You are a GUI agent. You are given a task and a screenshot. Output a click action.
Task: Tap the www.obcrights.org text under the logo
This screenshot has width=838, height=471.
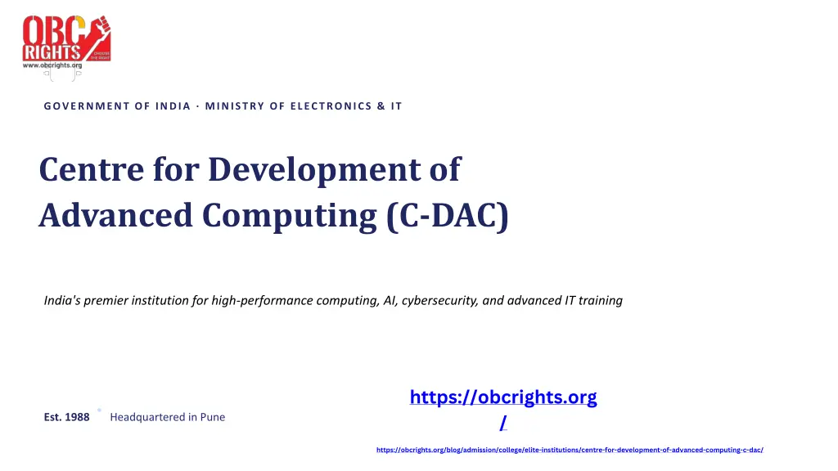tap(52, 65)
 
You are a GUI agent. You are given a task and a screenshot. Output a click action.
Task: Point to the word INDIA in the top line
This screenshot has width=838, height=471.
tap(173, 106)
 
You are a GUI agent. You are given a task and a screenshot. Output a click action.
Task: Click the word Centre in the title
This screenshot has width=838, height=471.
tap(92, 169)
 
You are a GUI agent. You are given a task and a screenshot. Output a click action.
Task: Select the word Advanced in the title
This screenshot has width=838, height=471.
tap(115, 215)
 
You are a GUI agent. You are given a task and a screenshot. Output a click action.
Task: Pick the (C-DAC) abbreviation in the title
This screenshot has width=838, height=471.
tap(448, 216)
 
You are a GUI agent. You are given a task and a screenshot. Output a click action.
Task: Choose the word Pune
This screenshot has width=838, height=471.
tap(213, 417)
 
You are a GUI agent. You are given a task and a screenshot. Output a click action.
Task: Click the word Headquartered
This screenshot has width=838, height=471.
tap(147, 417)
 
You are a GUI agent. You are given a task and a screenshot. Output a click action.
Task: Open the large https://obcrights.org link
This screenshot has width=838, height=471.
tap(503, 398)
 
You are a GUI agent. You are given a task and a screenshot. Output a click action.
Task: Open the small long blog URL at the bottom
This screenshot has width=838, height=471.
tap(570, 450)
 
